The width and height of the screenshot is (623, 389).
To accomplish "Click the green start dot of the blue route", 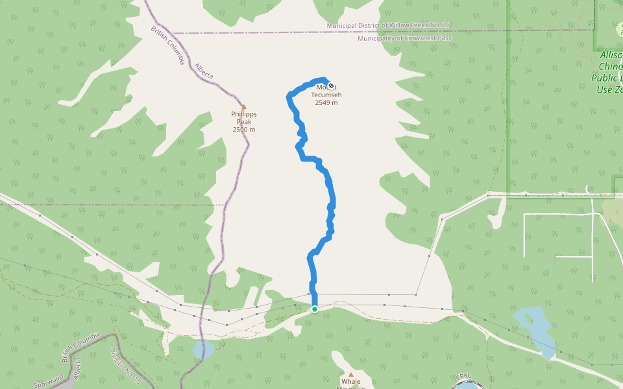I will pyautogui.click(x=315, y=309).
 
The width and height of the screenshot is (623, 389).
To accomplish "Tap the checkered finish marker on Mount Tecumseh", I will pyautogui.click(x=331, y=86).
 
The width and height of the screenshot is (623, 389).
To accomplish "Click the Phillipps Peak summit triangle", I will pyautogui.click(x=244, y=107).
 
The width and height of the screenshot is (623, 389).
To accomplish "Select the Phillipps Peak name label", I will pyautogui.click(x=244, y=118).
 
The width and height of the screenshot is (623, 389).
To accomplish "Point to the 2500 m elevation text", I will pyautogui.click(x=244, y=130).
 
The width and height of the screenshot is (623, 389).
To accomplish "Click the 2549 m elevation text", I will pyautogui.click(x=326, y=102).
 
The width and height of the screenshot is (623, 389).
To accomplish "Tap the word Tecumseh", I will pyautogui.click(x=326, y=95).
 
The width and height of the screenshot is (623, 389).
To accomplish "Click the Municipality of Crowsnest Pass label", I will pyautogui.click(x=404, y=38).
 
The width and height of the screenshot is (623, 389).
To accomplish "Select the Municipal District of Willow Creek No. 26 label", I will pyautogui.click(x=388, y=25).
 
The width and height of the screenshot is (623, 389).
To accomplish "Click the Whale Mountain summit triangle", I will pyautogui.click(x=351, y=374).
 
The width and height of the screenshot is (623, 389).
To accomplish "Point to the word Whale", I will pyautogui.click(x=351, y=382).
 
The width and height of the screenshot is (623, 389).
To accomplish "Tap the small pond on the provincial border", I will pyautogui.click(x=204, y=349).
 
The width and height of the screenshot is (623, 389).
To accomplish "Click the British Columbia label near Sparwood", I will pyautogui.click(x=80, y=348).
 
